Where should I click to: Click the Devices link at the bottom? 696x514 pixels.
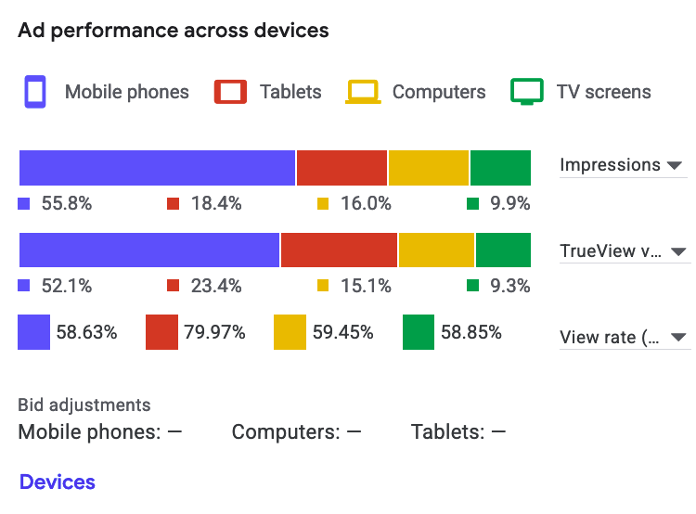tap(57, 482)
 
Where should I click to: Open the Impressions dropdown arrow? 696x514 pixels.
tap(675, 165)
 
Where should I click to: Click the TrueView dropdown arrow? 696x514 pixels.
tap(678, 251)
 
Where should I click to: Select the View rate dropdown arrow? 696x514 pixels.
tap(677, 337)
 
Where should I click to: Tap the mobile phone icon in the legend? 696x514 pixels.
tap(35, 92)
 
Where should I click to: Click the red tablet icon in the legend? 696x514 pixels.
tap(230, 92)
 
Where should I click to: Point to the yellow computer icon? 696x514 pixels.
tap(363, 92)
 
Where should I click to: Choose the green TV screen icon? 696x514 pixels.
tap(527, 92)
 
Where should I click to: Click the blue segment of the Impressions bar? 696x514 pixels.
tap(157, 168)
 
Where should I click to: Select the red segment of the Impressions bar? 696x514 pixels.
tap(342, 168)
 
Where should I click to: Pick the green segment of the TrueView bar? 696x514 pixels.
tap(503, 251)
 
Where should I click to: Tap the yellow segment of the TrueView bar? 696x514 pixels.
tap(436, 251)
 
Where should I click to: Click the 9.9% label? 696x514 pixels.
tap(510, 203)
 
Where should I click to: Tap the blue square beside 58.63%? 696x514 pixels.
tap(34, 332)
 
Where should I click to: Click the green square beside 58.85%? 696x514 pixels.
tap(419, 332)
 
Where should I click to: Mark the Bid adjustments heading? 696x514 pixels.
tap(84, 405)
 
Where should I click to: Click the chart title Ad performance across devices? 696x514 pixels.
tap(174, 30)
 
